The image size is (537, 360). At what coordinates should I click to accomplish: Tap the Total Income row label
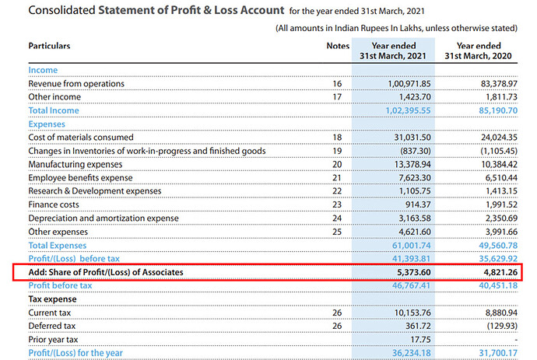point(54,110)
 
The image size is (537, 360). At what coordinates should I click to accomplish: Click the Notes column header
point(338,46)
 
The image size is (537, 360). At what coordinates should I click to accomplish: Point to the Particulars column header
point(49,46)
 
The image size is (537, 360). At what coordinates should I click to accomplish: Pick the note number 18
point(338,138)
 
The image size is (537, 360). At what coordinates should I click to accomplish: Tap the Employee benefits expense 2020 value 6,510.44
point(496,178)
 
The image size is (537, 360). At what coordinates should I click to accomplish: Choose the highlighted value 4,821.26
point(496,272)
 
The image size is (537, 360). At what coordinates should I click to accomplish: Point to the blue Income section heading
point(43,70)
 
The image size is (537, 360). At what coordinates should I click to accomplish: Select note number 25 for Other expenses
point(338,232)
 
